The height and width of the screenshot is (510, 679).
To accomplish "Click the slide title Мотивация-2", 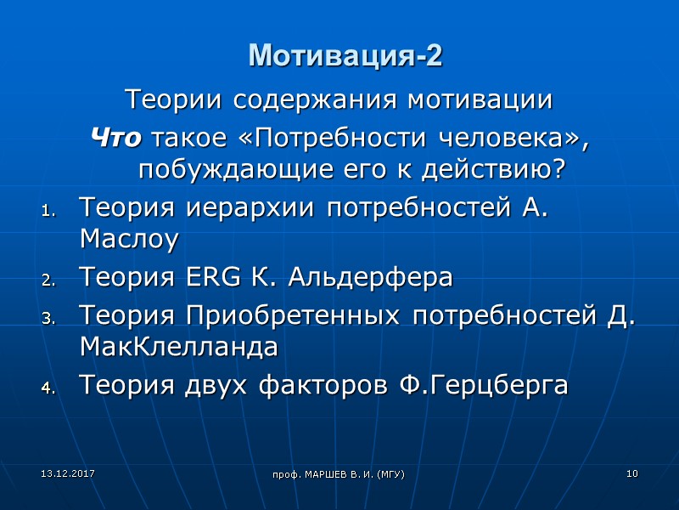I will click(x=345, y=56).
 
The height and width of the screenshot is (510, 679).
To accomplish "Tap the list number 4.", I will click(x=48, y=388).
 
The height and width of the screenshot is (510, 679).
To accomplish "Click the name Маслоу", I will click(x=128, y=241).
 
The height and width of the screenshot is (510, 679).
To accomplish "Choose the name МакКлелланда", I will click(x=177, y=347).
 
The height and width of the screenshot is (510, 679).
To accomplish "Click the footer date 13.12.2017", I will click(x=57, y=472).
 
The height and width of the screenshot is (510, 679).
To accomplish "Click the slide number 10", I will click(x=631, y=473).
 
